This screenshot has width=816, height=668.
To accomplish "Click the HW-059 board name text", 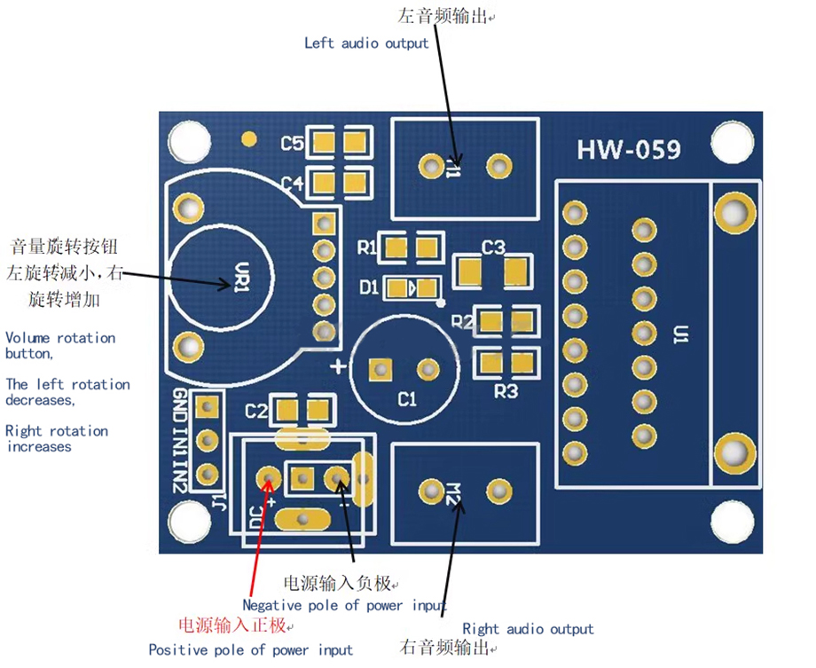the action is coord(629,149).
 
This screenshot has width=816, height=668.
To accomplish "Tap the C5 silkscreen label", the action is coord(292,143).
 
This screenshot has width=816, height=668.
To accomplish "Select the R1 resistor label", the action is coord(367,248).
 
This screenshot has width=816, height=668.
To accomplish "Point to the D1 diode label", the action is coord(369,287).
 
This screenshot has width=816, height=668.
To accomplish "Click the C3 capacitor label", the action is coord(493,247).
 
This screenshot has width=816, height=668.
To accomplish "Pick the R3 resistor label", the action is coord(506,391).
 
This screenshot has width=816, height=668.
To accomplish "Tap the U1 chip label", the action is coord(681,334).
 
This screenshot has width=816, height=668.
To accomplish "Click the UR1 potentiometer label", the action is coord(242,277).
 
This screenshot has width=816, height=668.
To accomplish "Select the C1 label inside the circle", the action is coord(407,399).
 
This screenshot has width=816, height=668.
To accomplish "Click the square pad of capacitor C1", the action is coord(381,370).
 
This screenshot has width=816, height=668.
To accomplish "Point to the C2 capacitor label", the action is coord(256,412).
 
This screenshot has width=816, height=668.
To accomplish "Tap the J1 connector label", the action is coord(221,501).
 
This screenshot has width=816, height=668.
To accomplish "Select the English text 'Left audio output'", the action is coord(366,43).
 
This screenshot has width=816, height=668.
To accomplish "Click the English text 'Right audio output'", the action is coord(528,629).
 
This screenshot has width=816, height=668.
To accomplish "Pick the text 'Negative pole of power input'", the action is coord(344,605).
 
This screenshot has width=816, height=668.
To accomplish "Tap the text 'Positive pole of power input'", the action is coord(250,649).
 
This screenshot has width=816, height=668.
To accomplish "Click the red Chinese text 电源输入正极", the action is coord(232,625).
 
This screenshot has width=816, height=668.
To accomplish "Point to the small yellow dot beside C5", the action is coord(249,138).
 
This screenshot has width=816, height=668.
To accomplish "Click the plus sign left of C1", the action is coord(338,366).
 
